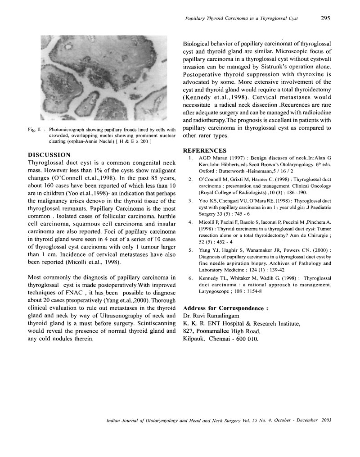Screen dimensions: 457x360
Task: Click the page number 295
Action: tap(326, 18)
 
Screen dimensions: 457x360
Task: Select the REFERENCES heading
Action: tap(205, 150)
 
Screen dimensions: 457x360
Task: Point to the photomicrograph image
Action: tap(103, 78)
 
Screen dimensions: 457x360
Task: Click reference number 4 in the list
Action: tap(190, 222)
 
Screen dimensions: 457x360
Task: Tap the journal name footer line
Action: tap(218, 421)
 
